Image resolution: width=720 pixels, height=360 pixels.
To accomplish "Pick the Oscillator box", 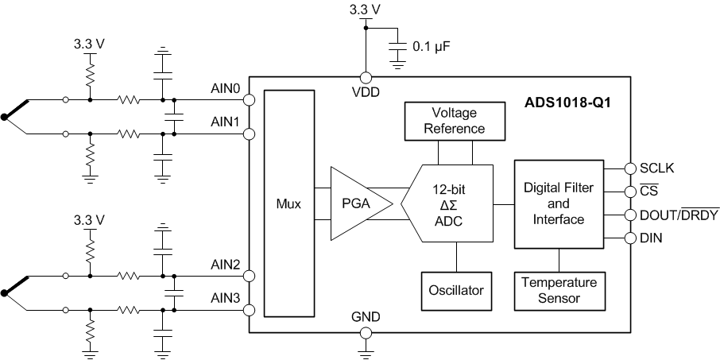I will (x=455, y=291).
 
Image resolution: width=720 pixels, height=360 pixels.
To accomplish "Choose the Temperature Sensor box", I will (x=559, y=291).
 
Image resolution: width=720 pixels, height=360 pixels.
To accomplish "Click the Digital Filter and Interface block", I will (x=559, y=203).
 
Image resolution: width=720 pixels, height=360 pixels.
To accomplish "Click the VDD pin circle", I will (x=366, y=78).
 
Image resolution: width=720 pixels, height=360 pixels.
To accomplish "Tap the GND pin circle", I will (x=366, y=333).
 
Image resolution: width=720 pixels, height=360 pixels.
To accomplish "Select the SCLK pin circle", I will (x=631, y=168).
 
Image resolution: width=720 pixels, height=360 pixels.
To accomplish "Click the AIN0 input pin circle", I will (x=249, y=101).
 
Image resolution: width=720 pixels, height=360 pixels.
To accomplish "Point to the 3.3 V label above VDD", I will (x=366, y=10).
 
